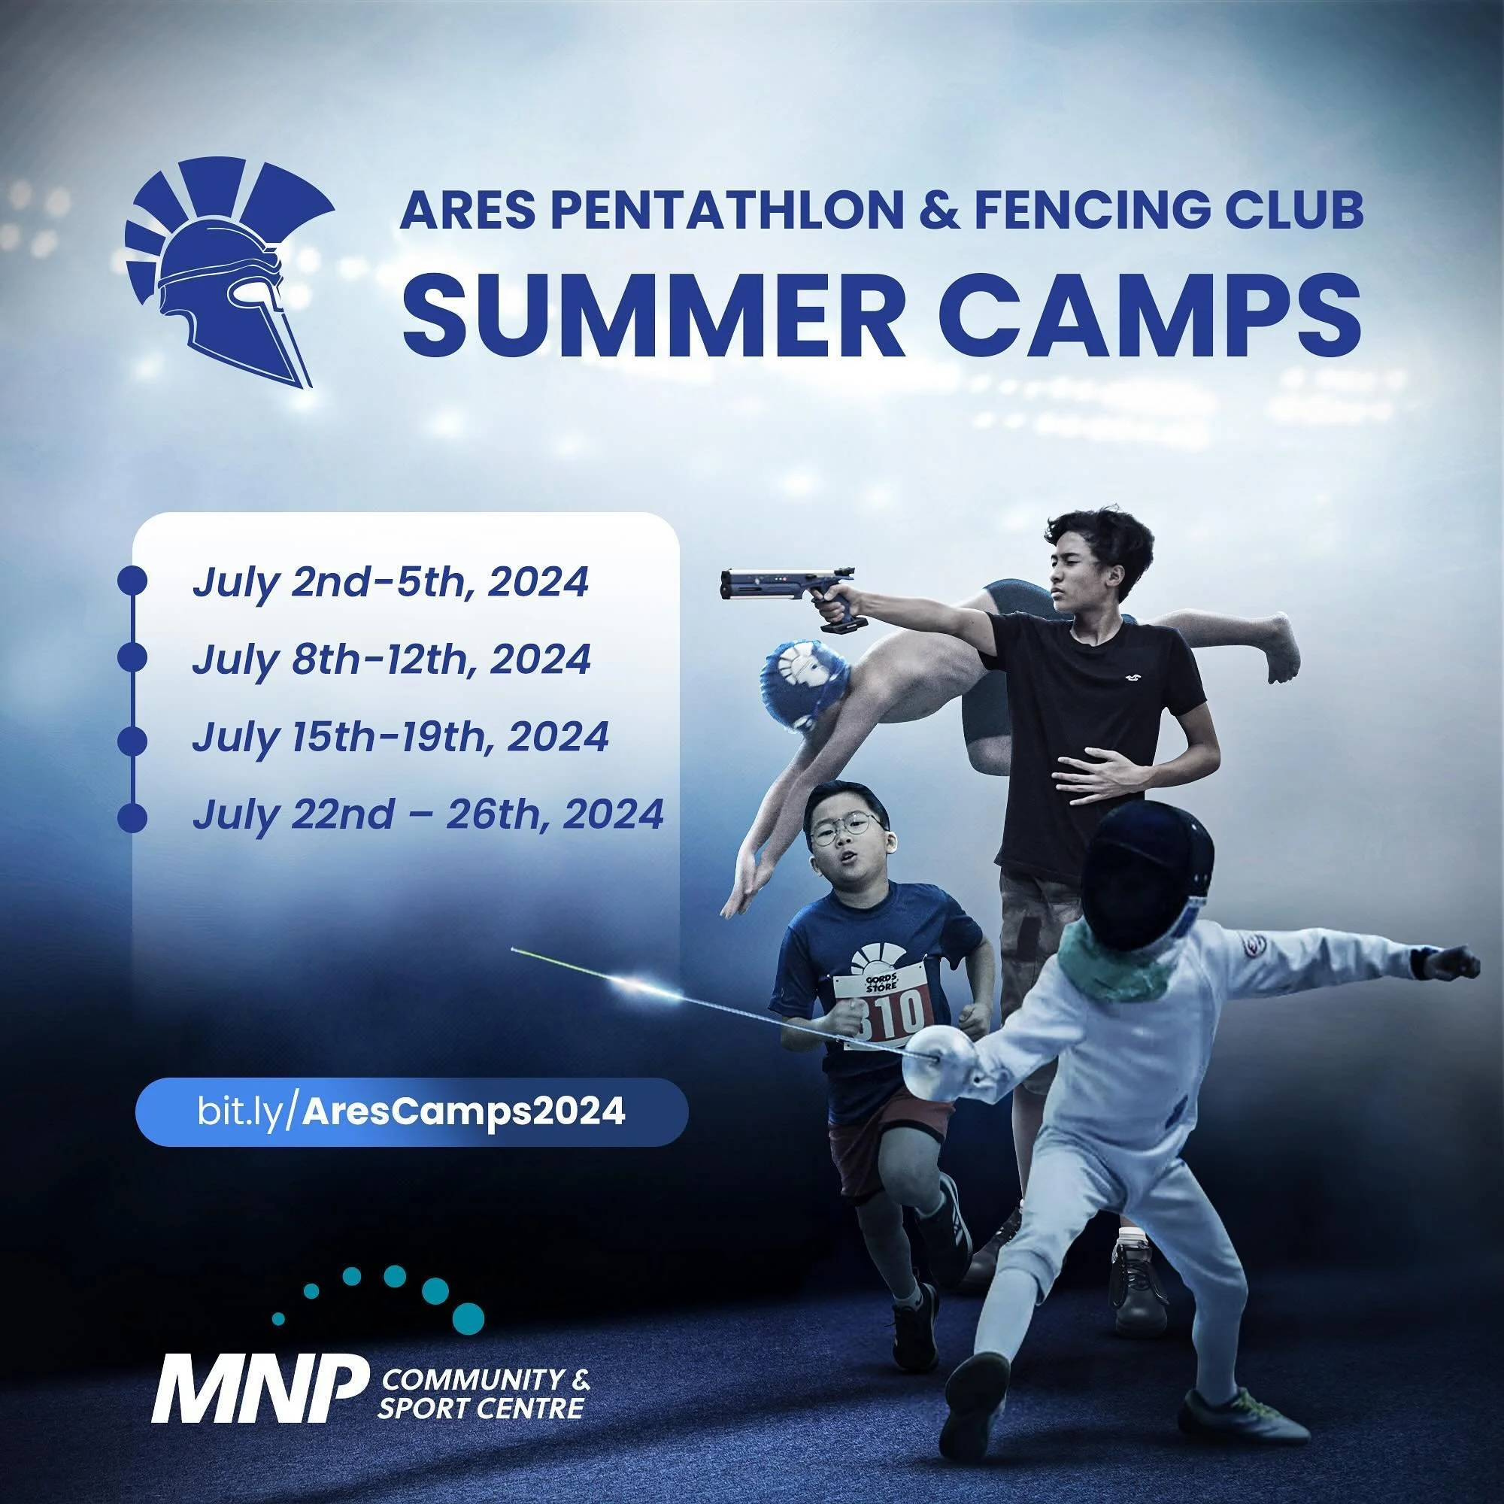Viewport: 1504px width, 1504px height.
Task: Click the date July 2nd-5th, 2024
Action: coord(390,582)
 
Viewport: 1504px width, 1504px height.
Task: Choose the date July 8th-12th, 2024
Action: coord(391,660)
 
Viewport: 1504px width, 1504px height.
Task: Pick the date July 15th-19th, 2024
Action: coord(400,736)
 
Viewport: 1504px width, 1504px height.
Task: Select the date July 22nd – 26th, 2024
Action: coord(427,814)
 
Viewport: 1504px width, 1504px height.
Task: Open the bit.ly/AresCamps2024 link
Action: coord(411,1111)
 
